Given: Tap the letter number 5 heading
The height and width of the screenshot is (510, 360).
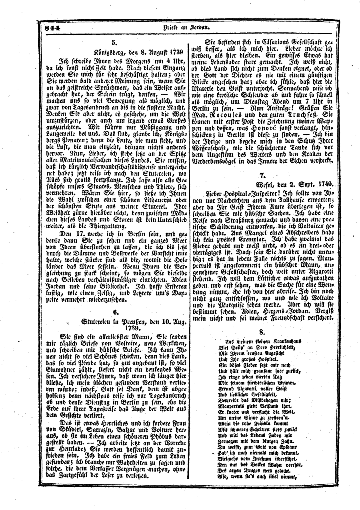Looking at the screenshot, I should [114, 42].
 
